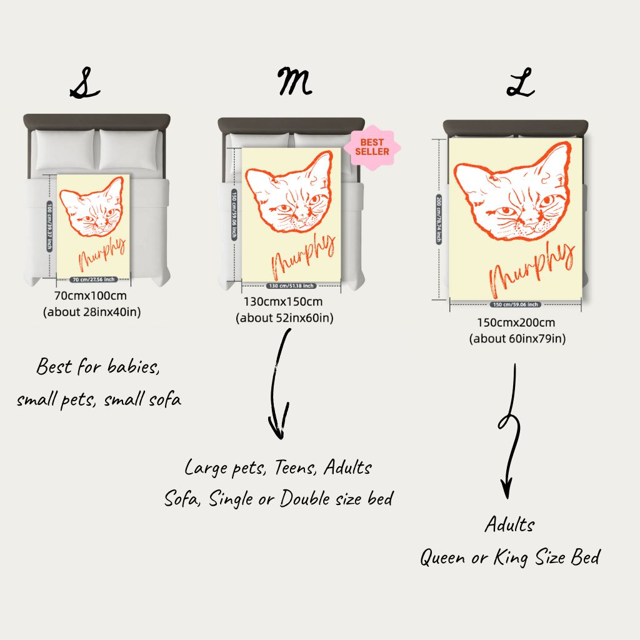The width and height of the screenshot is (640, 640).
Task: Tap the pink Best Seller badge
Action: point(372,147)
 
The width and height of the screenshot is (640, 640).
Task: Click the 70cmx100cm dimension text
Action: point(91,296)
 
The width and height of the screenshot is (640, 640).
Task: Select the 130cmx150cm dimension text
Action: point(284,302)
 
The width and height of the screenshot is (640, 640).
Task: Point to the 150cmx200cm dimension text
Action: point(517,323)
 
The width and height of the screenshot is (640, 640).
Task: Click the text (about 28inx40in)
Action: point(91,311)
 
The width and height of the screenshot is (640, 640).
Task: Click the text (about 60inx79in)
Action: point(517,339)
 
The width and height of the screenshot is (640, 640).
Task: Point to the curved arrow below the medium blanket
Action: point(279,384)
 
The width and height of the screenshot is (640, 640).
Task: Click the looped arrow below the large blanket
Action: point(509,431)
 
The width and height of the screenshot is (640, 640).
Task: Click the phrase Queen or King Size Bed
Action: point(509,557)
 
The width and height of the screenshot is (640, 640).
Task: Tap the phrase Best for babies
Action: point(98,366)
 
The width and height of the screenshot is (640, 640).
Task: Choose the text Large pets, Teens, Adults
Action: point(278,467)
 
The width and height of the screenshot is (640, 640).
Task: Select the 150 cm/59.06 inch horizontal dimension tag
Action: point(516,305)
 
